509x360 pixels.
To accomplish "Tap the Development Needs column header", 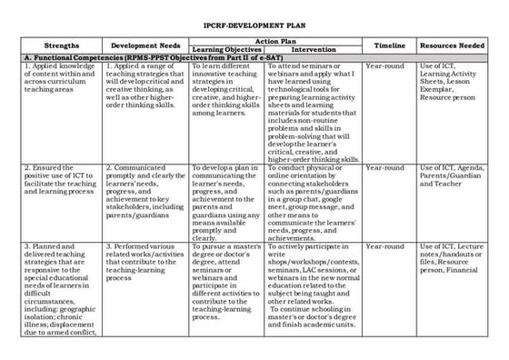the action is tap(147, 45).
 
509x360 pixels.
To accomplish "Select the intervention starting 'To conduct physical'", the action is tap(313, 200).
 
